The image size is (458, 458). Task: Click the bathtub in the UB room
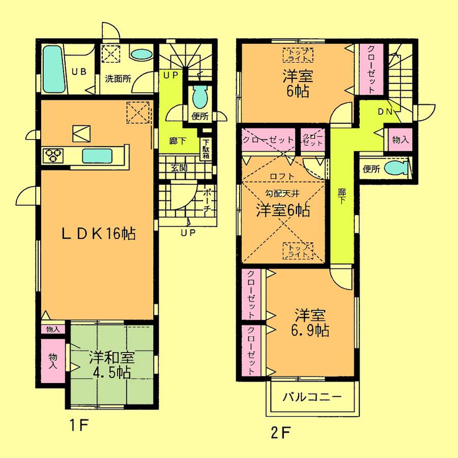click(x=53, y=69)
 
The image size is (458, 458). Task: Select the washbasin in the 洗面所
click(x=141, y=54)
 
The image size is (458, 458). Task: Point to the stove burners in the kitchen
click(x=53, y=154)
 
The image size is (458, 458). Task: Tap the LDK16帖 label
click(x=98, y=233)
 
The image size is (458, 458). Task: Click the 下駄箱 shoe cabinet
click(x=206, y=149)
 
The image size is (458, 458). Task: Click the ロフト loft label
click(x=281, y=176)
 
